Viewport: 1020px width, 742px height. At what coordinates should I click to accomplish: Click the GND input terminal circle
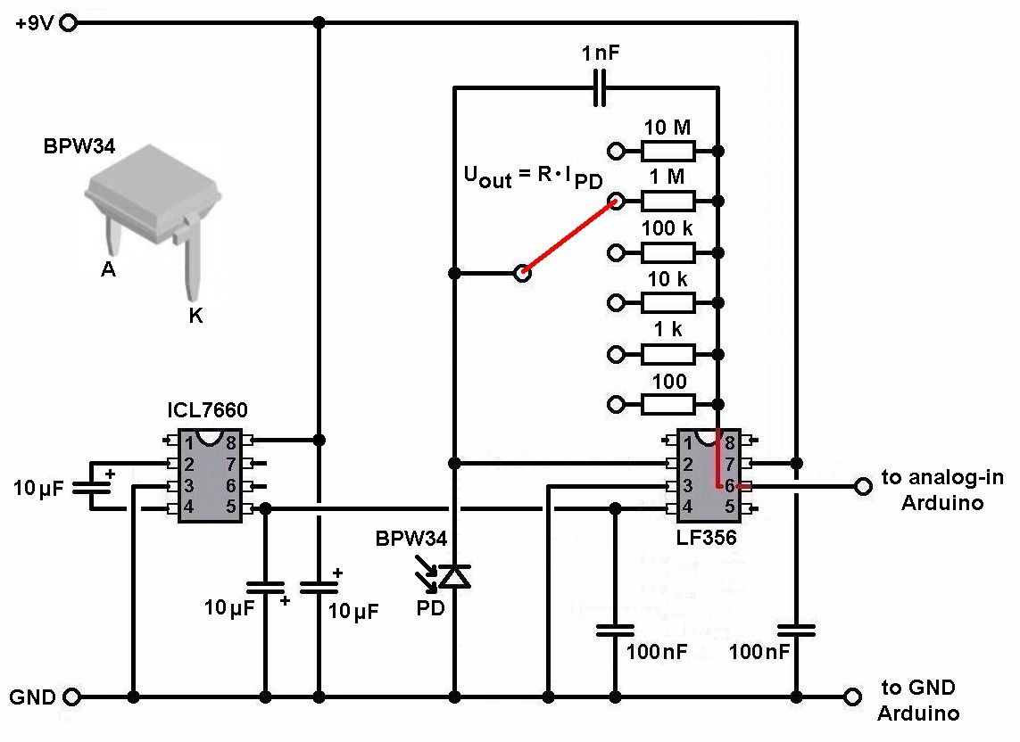[67, 696]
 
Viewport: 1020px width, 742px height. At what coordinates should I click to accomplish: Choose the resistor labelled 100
[668, 405]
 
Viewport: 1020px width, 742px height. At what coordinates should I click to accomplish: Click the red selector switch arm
[568, 236]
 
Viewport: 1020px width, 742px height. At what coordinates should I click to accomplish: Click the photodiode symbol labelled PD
[455, 577]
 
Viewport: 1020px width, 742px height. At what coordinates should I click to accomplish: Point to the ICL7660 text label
[207, 410]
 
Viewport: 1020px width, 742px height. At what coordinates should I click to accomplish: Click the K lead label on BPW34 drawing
[195, 315]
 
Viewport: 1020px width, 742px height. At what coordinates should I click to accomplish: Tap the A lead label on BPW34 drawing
[108, 269]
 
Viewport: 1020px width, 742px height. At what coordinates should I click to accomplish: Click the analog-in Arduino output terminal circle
[861, 486]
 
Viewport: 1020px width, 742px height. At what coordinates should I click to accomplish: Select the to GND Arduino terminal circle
[852, 696]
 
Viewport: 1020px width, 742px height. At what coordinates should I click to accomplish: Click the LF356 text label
[707, 540]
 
